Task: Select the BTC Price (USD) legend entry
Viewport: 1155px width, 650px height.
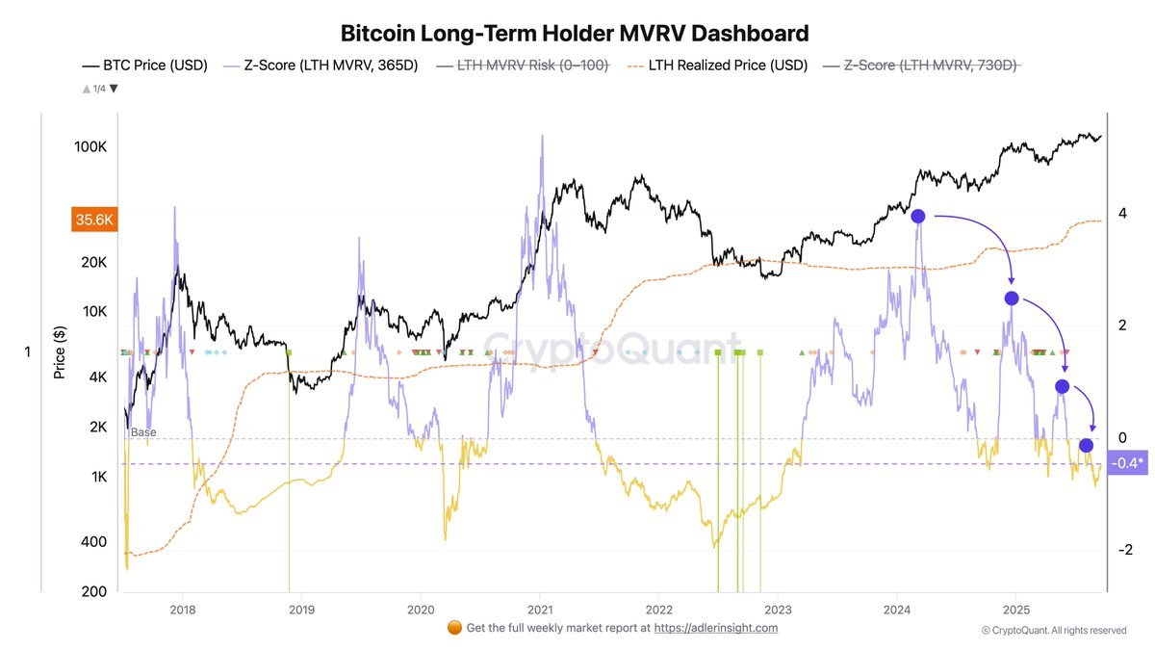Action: (x=144, y=65)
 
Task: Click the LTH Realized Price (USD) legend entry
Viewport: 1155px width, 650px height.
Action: (x=706, y=65)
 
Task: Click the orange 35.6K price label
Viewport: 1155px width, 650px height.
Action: (x=93, y=220)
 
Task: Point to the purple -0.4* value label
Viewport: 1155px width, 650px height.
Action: (x=1127, y=463)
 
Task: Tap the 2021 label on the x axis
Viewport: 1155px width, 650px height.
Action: (x=540, y=609)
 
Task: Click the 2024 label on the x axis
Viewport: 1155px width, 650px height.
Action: (x=897, y=609)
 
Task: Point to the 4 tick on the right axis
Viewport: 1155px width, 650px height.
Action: (x=1122, y=214)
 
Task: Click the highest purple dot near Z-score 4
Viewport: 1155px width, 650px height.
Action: (x=918, y=217)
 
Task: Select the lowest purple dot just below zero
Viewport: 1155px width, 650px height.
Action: (x=1086, y=445)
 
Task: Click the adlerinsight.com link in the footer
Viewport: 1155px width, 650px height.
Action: (x=715, y=628)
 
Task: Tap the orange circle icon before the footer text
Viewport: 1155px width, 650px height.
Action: (x=455, y=628)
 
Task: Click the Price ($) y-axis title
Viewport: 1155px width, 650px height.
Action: (x=60, y=351)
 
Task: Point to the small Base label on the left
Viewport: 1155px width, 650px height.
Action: (x=142, y=432)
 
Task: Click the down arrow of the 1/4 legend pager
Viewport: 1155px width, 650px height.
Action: (x=114, y=89)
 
